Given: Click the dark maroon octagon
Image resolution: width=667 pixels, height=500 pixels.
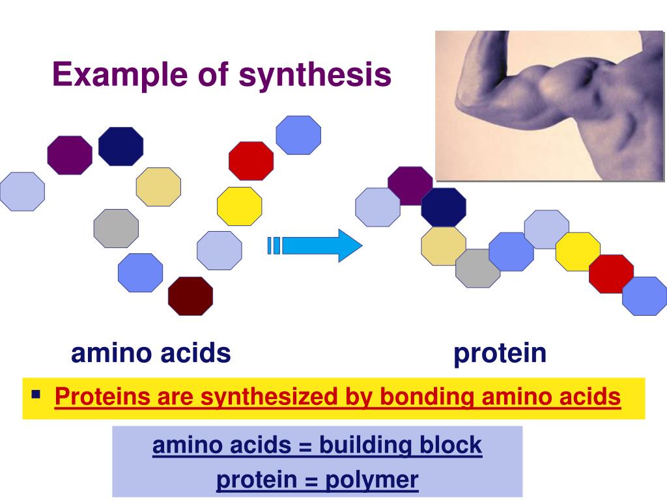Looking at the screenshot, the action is (190, 296).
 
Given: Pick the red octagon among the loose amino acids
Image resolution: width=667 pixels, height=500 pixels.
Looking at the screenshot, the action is (251, 161).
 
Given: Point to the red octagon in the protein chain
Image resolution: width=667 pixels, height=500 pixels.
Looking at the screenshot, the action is (611, 273).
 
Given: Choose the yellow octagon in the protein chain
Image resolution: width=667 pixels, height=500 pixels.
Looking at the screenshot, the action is (578, 251).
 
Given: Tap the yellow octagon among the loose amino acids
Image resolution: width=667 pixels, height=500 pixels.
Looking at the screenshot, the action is (239, 206).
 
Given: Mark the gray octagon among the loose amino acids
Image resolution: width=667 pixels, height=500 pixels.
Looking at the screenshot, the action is (116, 229).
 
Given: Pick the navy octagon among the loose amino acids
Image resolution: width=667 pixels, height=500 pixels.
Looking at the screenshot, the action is (121, 146).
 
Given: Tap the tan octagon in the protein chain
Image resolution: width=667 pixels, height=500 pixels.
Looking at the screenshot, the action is (443, 246).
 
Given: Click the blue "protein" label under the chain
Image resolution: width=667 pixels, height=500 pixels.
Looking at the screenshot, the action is (500, 354).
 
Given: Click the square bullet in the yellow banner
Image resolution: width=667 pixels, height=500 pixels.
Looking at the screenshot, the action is (36, 394).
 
